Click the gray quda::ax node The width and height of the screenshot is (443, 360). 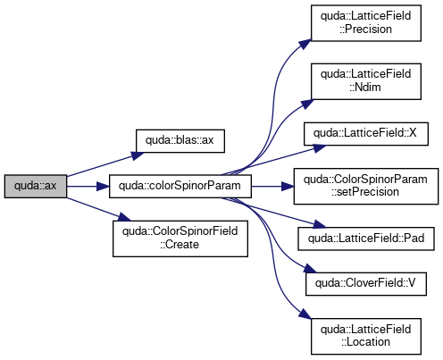click(x=36, y=186)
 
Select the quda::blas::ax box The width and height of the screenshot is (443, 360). click(x=180, y=141)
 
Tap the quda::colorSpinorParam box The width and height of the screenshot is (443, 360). click(x=180, y=186)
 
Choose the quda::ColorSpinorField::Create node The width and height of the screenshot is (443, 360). click(x=180, y=239)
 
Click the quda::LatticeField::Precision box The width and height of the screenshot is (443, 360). click(x=366, y=23)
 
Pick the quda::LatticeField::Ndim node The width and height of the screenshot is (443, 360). click(x=366, y=81)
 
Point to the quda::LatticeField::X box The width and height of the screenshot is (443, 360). click(x=366, y=134)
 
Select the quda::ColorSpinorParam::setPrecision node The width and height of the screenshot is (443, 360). click(x=366, y=186)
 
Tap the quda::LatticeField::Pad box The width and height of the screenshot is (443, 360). click(x=366, y=239)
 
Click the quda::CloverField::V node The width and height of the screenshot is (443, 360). click(x=366, y=284)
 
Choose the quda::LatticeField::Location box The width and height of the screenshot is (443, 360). click(x=366, y=336)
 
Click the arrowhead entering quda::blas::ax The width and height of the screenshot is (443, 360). click(x=138, y=155)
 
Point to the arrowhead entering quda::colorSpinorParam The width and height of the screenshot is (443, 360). click(x=103, y=187)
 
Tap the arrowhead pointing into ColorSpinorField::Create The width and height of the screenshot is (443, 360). click(x=124, y=216)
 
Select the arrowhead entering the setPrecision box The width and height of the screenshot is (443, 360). click(x=288, y=187)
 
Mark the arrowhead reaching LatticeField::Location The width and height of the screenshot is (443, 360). click(x=305, y=315)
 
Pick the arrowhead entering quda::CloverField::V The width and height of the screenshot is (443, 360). click(x=310, y=269)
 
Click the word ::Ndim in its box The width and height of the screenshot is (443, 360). click(x=365, y=88)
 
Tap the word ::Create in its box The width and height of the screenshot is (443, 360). click(x=180, y=245)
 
